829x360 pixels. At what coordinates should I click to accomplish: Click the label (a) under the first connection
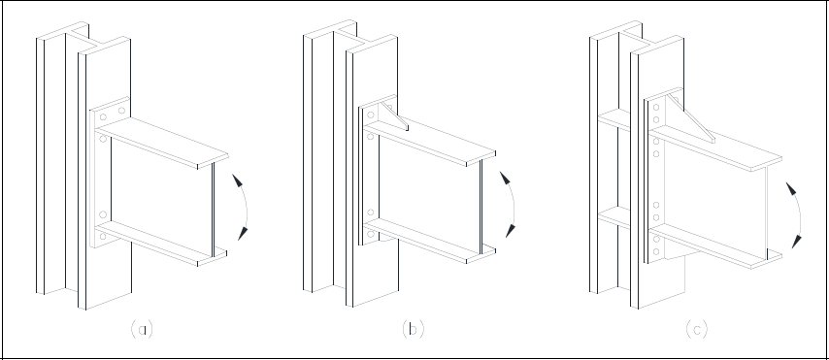(142, 329)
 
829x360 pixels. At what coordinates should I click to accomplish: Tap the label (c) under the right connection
(696, 329)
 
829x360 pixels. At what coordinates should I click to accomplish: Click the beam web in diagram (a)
(160, 189)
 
